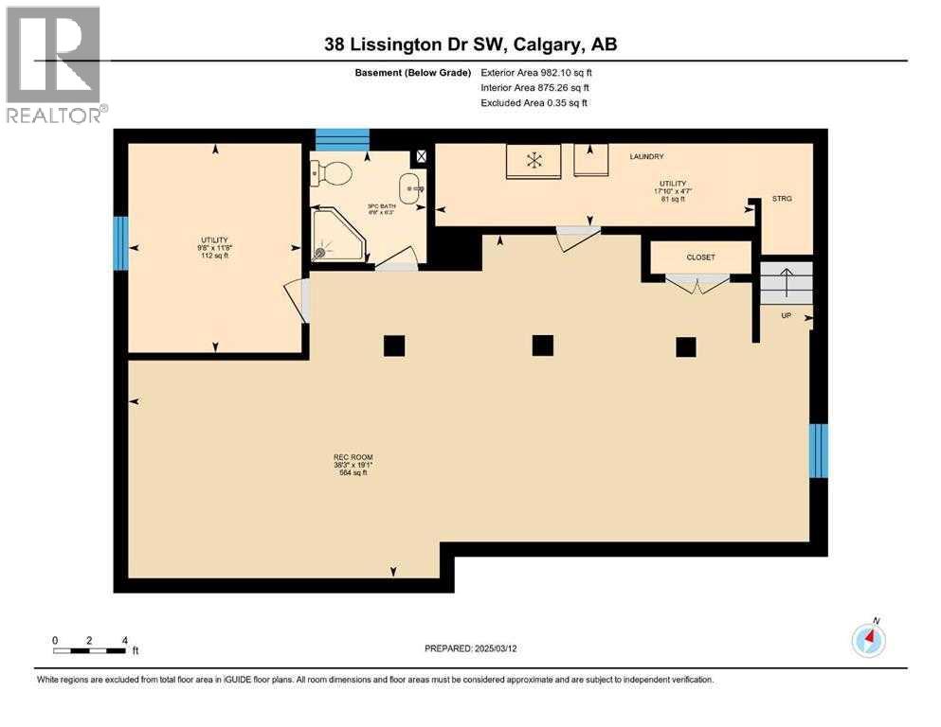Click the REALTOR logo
pos(54,64)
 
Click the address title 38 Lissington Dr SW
pos(470,44)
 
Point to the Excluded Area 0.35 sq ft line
pos(534,102)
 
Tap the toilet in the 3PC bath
pos(333,173)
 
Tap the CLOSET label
pos(701,257)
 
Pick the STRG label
pos(781,199)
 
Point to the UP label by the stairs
pos(786,315)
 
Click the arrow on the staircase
pos(786,282)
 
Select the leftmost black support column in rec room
pos(394,346)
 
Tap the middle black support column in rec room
pos(542,346)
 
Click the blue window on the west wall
pos(120,243)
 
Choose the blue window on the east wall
pos(819,451)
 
